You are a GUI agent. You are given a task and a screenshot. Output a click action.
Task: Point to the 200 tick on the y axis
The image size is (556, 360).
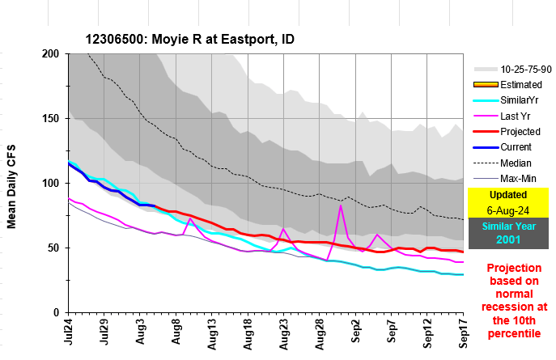[x=53, y=54]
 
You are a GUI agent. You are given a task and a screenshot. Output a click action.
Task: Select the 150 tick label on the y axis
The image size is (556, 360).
[x=53, y=119]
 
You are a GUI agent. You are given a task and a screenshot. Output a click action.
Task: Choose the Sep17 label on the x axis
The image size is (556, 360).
[x=464, y=333]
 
